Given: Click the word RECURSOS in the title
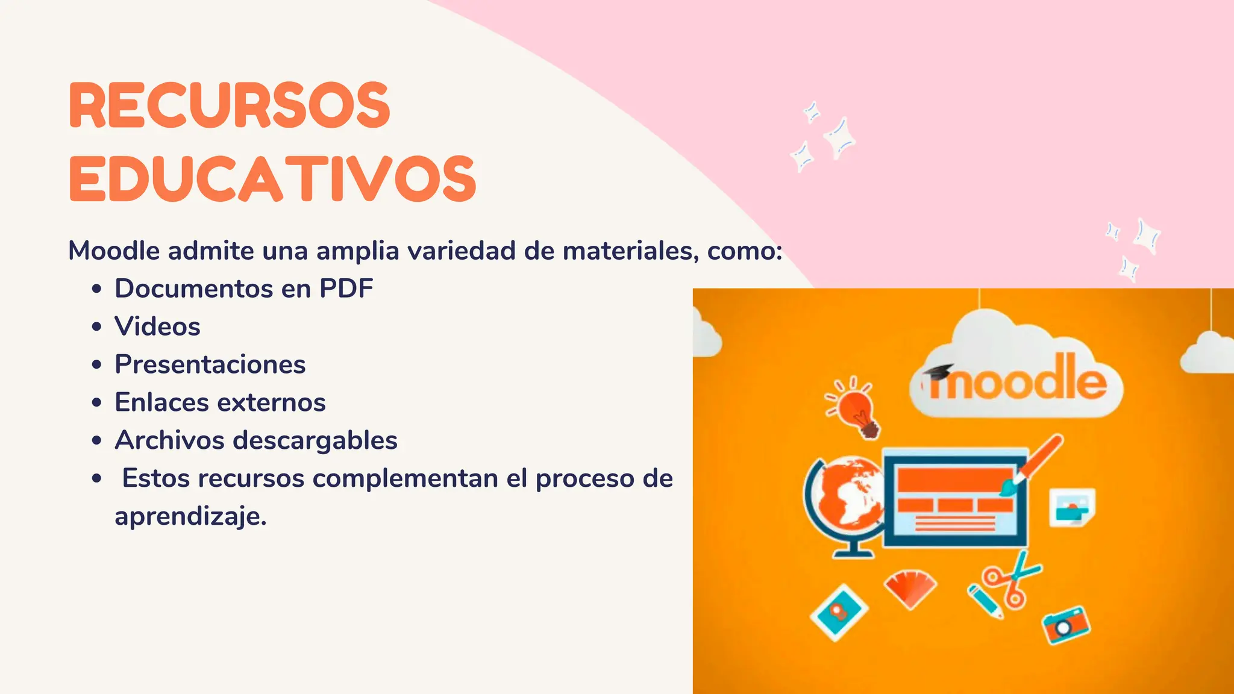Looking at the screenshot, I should tap(230, 106).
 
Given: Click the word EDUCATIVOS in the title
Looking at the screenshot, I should tap(272, 179).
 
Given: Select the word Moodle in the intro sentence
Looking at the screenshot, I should tap(114, 251).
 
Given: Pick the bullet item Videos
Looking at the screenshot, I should tap(157, 327).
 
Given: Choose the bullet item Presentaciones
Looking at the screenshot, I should tap(210, 364).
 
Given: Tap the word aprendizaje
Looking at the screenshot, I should tap(190, 517).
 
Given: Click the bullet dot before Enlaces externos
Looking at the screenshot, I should tap(96, 402).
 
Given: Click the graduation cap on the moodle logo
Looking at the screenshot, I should tap(938, 371).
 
